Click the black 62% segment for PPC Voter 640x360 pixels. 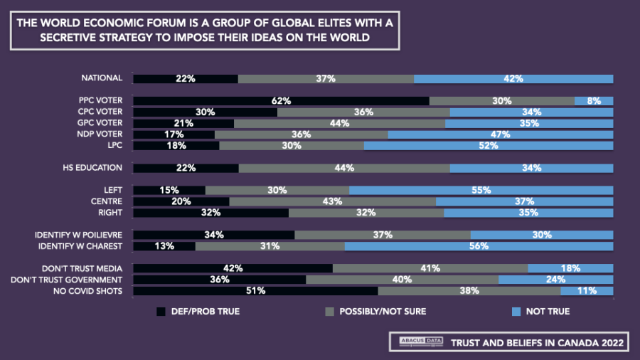point(282,101)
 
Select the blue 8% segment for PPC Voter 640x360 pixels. point(594,101)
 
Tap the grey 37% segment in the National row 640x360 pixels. point(326,79)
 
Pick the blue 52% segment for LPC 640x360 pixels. point(489,145)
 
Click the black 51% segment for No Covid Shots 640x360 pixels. point(256,290)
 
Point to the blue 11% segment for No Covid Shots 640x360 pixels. point(587,290)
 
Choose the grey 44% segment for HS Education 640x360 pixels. point(344,168)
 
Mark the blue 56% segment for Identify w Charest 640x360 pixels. point(479,246)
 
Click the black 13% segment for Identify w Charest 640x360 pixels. point(164,246)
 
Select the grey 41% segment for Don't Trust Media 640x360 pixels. point(430,268)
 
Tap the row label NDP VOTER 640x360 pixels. point(100,134)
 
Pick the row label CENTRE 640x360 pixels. point(108,201)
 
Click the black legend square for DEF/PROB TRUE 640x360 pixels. point(160,312)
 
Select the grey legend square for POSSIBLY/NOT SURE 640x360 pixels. point(329,312)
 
